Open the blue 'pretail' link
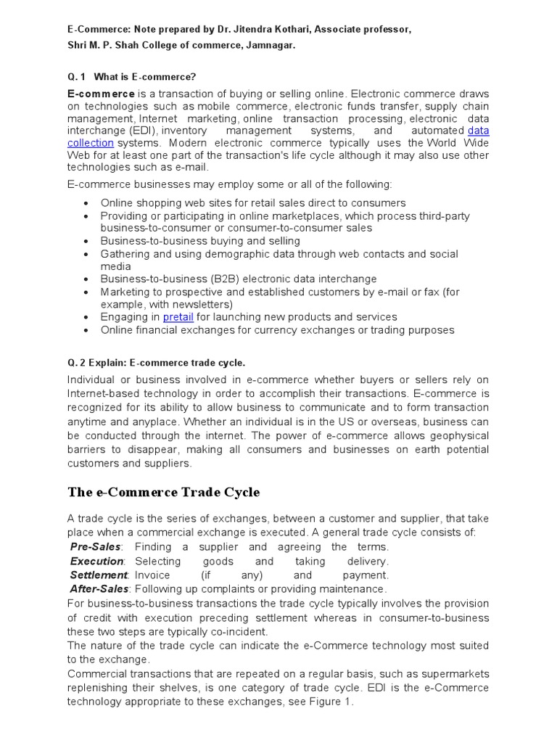pos(178,317)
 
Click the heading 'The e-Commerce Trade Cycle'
pos(164,493)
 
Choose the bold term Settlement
pos(98,575)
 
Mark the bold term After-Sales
pos(99,588)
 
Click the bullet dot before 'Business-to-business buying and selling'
pos(86,241)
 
